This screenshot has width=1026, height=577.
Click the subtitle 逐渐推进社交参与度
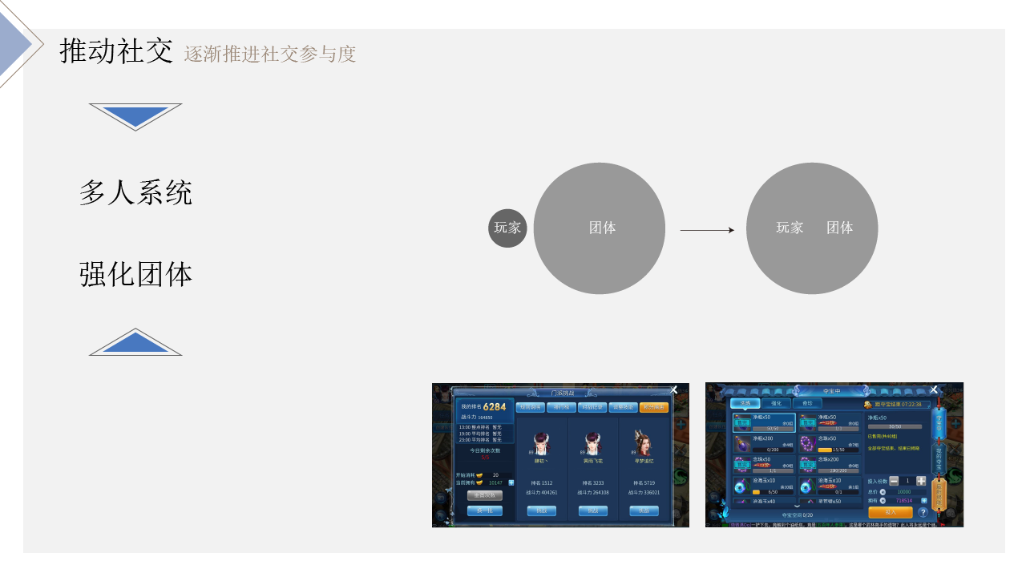(x=269, y=54)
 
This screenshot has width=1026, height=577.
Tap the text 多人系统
(x=135, y=193)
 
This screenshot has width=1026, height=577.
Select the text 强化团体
(x=135, y=274)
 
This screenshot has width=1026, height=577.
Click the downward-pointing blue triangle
(x=135, y=114)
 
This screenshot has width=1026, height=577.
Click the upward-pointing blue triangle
(x=135, y=344)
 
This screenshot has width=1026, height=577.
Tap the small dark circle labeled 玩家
(x=507, y=228)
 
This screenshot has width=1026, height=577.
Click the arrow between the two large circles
(x=706, y=231)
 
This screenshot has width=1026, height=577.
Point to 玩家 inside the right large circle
(x=790, y=228)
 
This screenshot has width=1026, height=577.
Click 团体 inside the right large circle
(x=839, y=228)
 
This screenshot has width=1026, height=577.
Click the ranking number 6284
(x=495, y=407)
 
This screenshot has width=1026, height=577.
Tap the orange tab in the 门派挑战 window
(x=653, y=407)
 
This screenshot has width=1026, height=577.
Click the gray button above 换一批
(x=484, y=495)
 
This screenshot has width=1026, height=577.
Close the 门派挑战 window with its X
(x=673, y=390)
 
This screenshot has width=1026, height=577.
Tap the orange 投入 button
(x=891, y=511)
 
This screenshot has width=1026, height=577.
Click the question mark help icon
(x=923, y=512)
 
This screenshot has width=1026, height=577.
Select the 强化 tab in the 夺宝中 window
(x=776, y=403)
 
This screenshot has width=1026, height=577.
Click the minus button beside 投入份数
(x=894, y=481)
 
